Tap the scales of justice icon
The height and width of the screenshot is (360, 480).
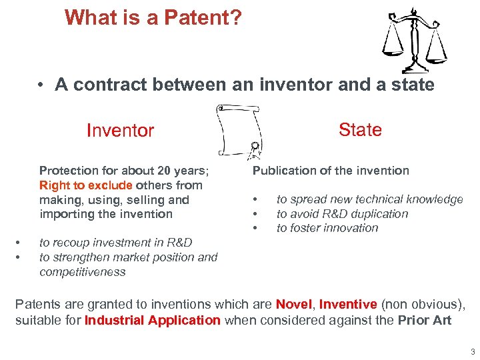click(414, 40)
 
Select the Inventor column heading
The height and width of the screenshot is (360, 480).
click(120, 131)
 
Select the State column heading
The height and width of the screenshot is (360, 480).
click(360, 129)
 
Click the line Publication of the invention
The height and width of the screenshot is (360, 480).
click(331, 171)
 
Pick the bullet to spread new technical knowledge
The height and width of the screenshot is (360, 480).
click(369, 199)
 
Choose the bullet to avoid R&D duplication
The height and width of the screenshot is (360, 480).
click(342, 214)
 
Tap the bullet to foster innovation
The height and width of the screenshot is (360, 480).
click(327, 228)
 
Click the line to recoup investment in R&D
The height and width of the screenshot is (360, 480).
click(115, 243)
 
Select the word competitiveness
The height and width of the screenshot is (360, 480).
click(82, 271)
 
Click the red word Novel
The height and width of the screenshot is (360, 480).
click(293, 305)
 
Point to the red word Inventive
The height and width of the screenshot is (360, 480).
click(348, 305)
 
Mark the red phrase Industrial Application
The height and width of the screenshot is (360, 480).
click(153, 320)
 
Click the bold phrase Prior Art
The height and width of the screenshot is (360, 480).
click(425, 320)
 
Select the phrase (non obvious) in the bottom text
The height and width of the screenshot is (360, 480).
click(421, 305)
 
